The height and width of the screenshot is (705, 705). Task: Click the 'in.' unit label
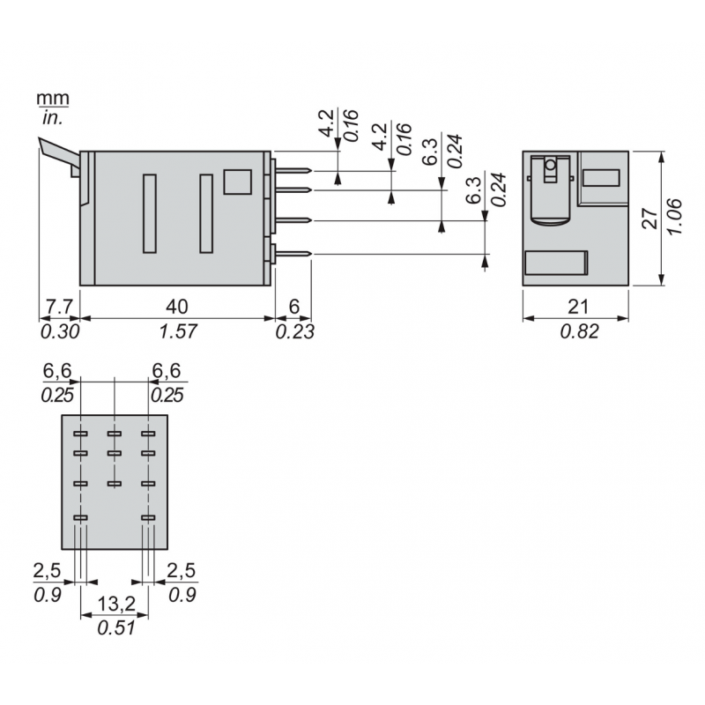52,116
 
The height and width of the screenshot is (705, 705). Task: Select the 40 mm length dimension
177,306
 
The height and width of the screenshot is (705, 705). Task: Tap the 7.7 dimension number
58,306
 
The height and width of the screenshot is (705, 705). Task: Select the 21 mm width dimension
578,306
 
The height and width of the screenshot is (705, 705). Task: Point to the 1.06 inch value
674,217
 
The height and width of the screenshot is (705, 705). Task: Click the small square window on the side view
237,181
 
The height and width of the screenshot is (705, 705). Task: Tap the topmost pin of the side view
293,171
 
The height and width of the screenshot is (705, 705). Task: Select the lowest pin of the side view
293,255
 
